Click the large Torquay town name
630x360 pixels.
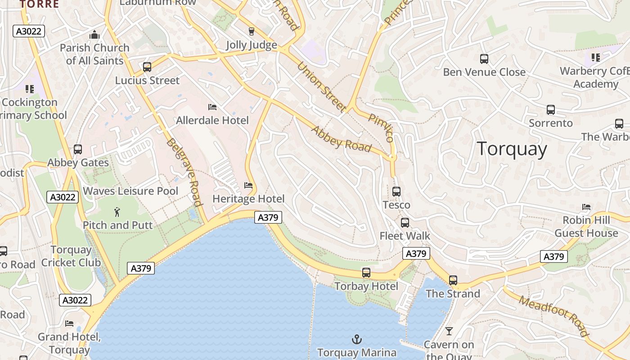(512, 149)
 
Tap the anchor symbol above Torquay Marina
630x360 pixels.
(357, 339)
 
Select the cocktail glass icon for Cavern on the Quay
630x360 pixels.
(449, 332)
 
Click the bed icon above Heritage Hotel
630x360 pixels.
(248, 185)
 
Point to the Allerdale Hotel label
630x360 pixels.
(212, 120)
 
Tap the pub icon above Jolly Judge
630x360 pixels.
(252, 31)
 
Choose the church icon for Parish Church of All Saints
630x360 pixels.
(94, 35)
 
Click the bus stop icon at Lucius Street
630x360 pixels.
(147, 67)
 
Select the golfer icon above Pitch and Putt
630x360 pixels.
(117, 211)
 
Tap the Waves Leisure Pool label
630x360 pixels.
(130, 191)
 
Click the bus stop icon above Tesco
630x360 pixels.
(396, 192)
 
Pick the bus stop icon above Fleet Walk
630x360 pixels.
(405, 223)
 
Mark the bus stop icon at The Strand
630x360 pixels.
(453, 280)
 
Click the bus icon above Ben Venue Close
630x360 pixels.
(484, 59)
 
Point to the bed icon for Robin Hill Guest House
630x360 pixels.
(586, 207)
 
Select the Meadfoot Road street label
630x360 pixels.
(553, 316)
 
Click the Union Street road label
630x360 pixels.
(321, 86)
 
